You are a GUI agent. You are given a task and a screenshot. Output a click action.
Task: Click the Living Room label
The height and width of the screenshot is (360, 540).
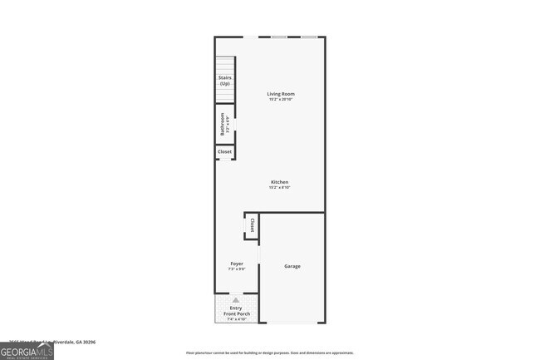(x=281, y=94)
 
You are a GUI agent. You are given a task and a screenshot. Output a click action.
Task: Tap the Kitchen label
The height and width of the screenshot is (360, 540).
(x=279, y=182)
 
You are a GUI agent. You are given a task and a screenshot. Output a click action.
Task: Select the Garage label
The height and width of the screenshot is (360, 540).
(x=292, y=266)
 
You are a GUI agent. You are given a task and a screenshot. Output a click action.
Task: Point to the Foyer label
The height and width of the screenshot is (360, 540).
(x=237, y=264)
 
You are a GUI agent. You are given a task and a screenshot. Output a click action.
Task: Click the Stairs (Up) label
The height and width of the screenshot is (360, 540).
(x=225, y=81)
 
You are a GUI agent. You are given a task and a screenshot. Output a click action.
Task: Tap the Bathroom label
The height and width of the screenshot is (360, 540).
(x=223, y=125)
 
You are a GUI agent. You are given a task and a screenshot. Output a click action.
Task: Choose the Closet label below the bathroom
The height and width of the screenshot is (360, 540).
(x=225, y=152)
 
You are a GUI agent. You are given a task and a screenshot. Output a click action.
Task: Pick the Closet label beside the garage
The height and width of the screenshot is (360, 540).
(x=252, y=224)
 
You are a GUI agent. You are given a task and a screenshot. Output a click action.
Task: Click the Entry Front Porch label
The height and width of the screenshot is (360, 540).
(x=237, y=310)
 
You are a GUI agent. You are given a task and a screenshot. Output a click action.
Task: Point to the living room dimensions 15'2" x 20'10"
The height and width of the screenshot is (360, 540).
(x=281, y=100)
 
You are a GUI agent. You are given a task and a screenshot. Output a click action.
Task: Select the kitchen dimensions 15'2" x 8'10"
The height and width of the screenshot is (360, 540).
(x=279, y=188)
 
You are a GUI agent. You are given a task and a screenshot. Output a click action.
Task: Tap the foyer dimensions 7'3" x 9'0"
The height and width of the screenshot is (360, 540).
(x=237, y=269)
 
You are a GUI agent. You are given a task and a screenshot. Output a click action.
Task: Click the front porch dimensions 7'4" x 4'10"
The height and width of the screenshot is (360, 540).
(x=237, y=319)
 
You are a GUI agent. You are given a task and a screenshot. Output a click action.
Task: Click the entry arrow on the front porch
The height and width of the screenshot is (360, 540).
(x=236, y=300)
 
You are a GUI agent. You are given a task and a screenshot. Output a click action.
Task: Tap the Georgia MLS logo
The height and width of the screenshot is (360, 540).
(x=27, y=352)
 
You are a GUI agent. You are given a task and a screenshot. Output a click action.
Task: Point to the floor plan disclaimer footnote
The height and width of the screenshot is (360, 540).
(x=270, y=353)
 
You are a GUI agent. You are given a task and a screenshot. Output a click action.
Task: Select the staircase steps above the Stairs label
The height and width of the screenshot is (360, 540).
(x=225, y=65)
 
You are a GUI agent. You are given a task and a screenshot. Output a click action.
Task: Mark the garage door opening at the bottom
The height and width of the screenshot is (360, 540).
(x=292, y=322)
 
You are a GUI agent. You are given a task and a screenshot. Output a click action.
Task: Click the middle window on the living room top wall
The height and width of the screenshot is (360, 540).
(x=280, y=37)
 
